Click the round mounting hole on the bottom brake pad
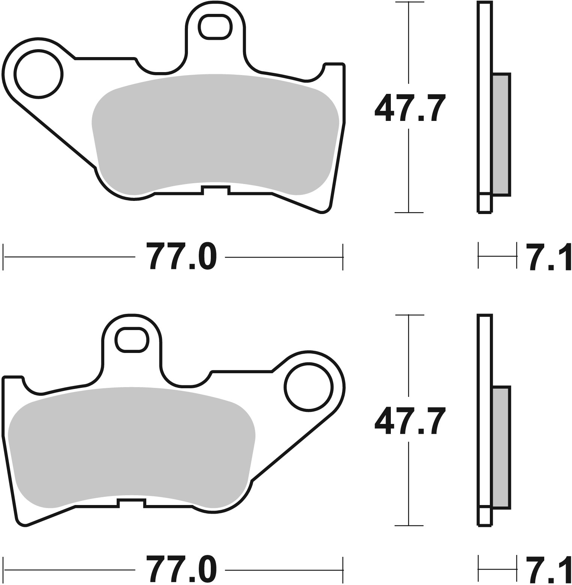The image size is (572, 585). [x=309, y=387]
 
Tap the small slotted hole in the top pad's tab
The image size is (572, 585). [x=215, y=27]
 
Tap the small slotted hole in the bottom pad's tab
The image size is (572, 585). [x=132, y=340]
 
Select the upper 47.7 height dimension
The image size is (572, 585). [x=410, y=108]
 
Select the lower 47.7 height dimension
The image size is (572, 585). [x=410, y=421]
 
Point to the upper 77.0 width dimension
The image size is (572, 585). [x=181, y=256]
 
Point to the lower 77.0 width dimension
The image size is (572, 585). [x=181, y=569]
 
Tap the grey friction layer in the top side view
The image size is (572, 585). [x=501, y=134]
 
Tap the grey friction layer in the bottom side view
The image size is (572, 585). [x=501, y=447]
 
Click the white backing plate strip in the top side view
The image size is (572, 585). [x=485, y=98]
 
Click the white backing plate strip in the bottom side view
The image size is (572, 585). [x=485, y=409]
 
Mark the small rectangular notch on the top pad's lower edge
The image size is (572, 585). [x=215, y=190]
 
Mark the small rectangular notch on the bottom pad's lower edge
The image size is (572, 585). [x=131, y=503]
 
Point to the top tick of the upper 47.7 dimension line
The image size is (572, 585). [x=409, y=2]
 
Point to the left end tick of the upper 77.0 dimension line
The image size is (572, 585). [x=3, y=257]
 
